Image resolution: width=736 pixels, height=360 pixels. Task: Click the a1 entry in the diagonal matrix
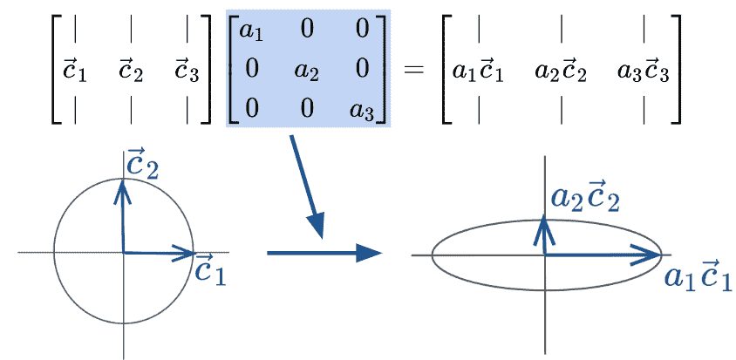[251, 33]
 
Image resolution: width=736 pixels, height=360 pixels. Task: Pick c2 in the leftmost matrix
[131, 69]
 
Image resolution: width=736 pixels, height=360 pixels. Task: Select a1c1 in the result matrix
[479, 70]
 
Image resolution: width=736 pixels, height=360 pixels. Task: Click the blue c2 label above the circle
[140, 164]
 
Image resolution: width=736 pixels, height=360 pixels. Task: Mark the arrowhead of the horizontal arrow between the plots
[373, 253]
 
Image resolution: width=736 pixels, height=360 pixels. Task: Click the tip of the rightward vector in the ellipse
[660, 255]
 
